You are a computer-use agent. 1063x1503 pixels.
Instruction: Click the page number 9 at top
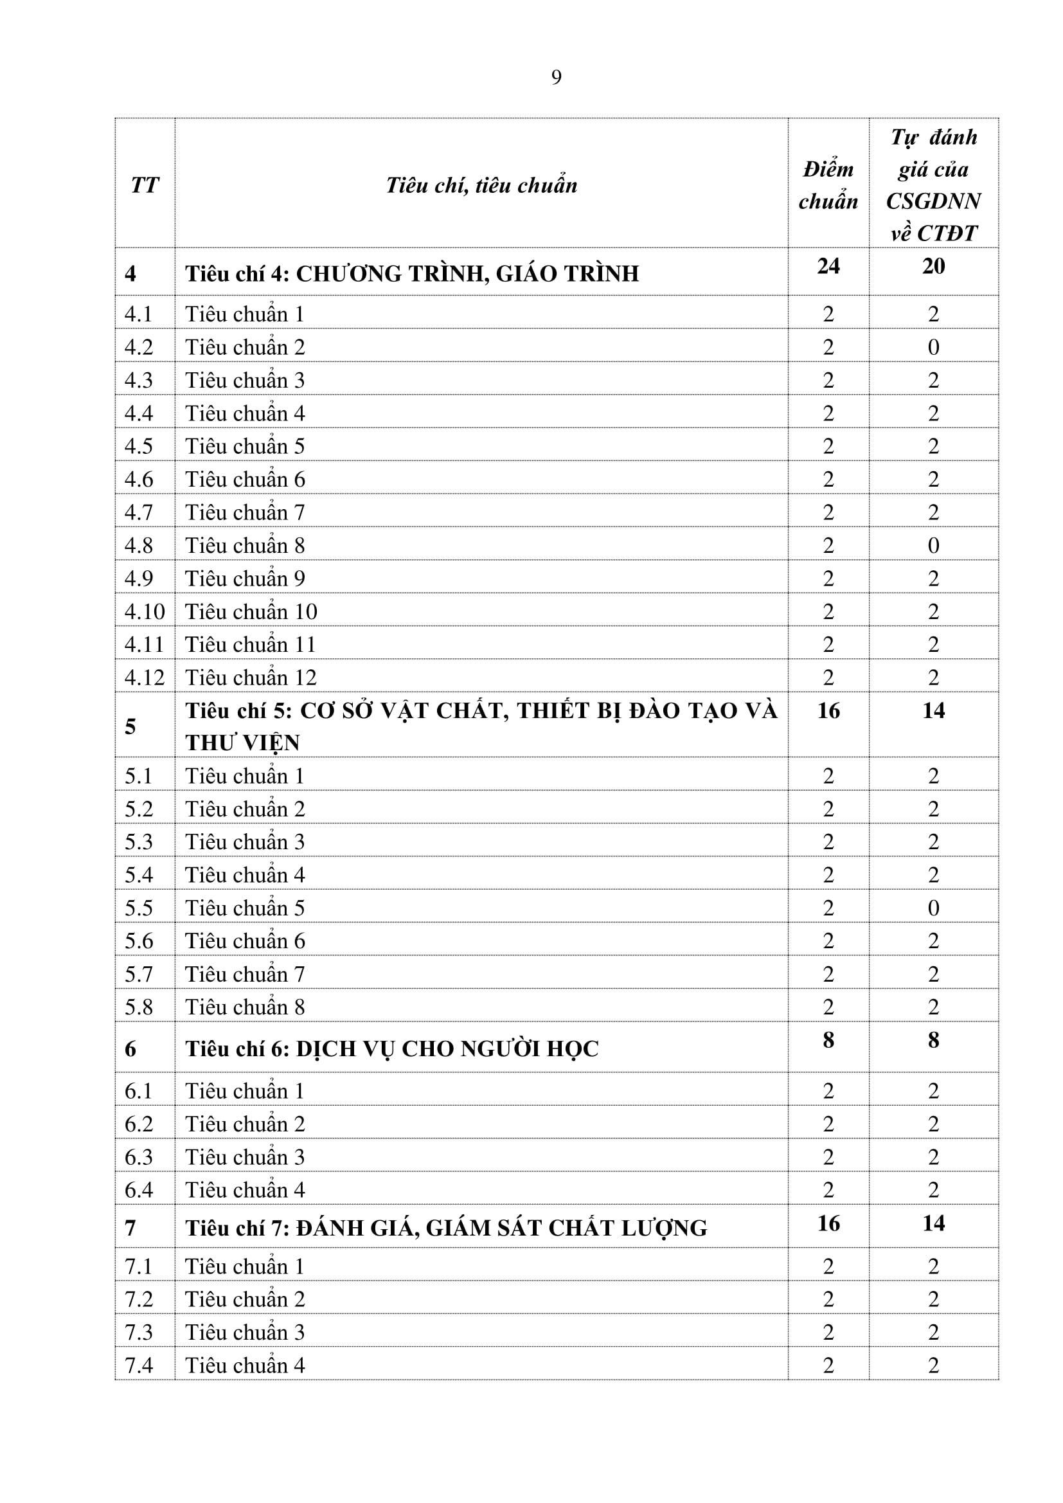(556, 77)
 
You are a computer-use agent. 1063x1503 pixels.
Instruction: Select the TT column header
(145, 185)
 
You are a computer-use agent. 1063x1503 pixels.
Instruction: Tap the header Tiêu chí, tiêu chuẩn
(481, 185)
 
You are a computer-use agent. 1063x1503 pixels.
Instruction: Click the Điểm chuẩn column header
(828, 185)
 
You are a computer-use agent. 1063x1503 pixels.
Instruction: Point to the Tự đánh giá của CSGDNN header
(933, 185)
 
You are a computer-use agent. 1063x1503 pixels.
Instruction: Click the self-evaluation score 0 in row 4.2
(933, 347)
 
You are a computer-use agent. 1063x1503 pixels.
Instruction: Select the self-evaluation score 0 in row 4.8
(933, 545)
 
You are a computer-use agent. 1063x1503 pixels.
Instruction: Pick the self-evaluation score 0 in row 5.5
(933, 908)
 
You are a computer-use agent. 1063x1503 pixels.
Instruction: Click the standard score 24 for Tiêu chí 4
(828, 265)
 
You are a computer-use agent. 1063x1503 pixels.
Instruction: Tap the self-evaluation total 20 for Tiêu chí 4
(933, 265)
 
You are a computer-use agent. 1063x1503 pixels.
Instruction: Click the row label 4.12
(145, 678)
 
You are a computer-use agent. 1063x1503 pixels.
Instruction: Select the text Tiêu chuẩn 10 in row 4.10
(251, 611)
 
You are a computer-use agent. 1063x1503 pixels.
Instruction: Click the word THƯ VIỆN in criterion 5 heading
(242, 743)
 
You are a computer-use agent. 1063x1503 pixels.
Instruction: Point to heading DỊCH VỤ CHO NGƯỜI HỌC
(447, 1048)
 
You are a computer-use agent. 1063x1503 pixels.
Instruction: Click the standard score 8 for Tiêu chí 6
(828, 1039)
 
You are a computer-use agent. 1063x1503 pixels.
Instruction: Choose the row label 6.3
(139, 1156)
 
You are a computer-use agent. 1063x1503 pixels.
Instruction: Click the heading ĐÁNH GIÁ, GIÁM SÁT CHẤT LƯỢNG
(501, 1228)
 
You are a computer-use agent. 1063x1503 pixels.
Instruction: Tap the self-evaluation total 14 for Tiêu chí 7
(933, 1223)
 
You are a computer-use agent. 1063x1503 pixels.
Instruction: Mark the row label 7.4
(139, 1365)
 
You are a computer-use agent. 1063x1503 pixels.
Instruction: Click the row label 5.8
(139, 1007)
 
